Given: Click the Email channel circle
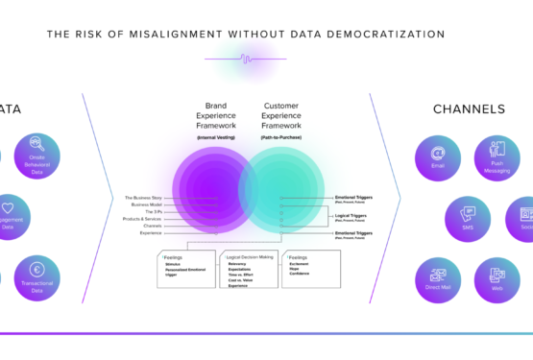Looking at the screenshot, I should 438,157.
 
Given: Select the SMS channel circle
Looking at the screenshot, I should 468,218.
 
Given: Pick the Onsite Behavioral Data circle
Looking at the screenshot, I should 36,156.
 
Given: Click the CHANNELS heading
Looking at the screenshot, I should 469,109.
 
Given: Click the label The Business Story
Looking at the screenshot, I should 143,198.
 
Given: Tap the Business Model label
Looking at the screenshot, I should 146,204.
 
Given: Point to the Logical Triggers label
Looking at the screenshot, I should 351,215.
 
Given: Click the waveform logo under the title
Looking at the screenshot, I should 246,58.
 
